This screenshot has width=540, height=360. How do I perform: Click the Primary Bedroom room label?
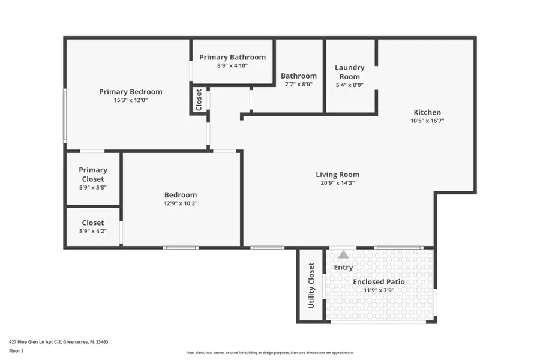(130, 92)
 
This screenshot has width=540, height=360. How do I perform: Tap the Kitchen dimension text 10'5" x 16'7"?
(427, 121)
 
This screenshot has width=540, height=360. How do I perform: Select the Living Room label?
(337, 175)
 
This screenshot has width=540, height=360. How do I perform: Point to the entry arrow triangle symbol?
(343, 254)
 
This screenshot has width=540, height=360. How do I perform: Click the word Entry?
(343, 267)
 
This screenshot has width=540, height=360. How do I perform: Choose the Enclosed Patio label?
(379, 281)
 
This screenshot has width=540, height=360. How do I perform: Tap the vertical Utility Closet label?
(311, 286)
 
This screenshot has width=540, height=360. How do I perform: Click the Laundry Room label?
(349, 72)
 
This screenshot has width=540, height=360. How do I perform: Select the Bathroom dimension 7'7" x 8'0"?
(299, 85)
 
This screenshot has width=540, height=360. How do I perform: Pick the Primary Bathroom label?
(232, 57)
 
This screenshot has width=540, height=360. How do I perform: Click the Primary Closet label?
(93, 175)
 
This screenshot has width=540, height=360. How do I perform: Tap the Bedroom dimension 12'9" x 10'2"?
(181, 203)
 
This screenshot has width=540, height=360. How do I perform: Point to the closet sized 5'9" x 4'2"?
(93, 227)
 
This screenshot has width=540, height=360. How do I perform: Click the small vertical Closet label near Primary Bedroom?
(199, 100)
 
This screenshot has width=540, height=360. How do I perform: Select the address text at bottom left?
(58, 342)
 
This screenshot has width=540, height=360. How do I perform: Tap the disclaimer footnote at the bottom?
(269, 353)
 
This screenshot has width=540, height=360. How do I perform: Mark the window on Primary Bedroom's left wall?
(65, 116)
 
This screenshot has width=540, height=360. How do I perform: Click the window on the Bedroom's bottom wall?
(181, 248)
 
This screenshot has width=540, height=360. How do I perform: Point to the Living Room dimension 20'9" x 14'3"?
(337, 183)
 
